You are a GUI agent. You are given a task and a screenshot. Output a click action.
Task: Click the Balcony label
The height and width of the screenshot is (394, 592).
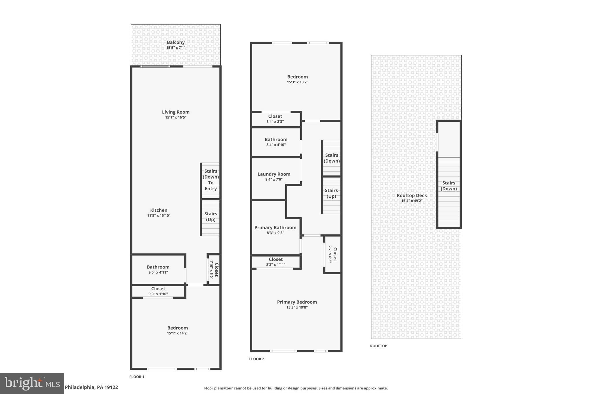[x=175, y=42]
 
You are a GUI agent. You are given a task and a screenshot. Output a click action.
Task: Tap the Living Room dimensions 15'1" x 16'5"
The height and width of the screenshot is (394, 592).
[x=175, y=117]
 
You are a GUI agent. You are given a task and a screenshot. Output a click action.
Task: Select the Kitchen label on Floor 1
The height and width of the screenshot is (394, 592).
[x=159, y=210]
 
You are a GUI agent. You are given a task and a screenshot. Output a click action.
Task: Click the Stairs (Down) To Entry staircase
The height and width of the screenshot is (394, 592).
[x=210, y=180]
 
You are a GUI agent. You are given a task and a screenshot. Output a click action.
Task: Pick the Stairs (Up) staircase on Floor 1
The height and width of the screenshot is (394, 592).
[x=210, y=217]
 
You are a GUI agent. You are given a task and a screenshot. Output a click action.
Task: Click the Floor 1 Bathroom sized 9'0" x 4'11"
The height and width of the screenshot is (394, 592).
[x=158, y=269]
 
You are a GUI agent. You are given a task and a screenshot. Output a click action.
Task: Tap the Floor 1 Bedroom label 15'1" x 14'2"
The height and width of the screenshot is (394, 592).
[x=177, y=330]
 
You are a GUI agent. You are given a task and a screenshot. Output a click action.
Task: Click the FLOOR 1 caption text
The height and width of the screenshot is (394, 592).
[x=136, y=377]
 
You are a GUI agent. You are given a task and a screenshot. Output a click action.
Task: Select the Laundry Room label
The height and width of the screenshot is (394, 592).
[x=274, y=174]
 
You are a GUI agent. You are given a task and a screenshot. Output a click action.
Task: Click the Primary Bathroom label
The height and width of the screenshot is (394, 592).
[x=275, y=227]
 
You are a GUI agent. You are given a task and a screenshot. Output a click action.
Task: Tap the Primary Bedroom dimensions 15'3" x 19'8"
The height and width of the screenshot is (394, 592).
[x=297, y=307]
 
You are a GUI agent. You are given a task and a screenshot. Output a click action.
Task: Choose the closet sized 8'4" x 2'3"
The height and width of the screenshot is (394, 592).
[x=275, y=119]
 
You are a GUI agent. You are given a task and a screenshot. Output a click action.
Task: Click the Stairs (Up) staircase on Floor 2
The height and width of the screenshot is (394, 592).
[x=331, y=194]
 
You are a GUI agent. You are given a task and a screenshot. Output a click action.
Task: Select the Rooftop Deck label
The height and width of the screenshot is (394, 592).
[x=412, y=195]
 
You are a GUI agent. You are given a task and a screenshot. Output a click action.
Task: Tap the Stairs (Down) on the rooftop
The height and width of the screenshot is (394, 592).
[x=449, y=186]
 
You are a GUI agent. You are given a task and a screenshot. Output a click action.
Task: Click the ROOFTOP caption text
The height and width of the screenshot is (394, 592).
[x=378, y=346]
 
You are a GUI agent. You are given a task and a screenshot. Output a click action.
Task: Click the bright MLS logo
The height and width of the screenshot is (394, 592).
[x=32, y=383]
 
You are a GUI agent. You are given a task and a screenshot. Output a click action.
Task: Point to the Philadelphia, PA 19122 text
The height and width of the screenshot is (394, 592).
[x=91, y=387]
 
